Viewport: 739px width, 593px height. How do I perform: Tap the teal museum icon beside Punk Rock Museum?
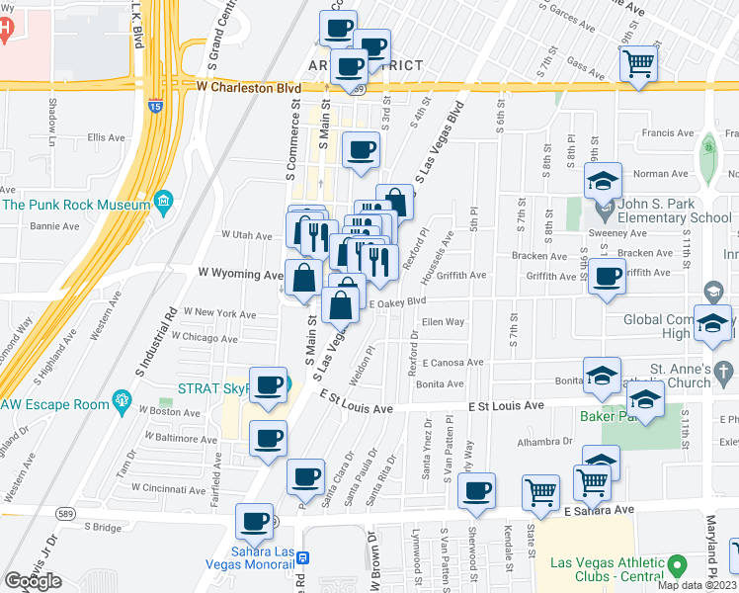coord(164,205)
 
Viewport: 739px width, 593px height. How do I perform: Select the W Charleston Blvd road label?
coord(249,87)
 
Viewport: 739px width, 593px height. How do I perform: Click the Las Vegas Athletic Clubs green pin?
coord(677,565)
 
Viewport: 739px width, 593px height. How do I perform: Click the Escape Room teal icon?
coord(123,400)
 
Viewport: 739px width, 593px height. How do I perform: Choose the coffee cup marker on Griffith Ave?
coord(607,278)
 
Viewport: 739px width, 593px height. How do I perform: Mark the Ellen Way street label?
coord(443,322)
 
